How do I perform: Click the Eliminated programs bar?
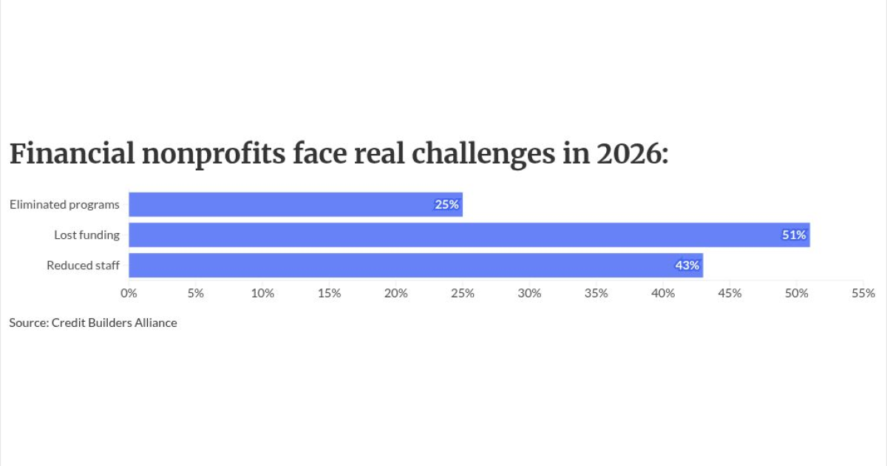coord(296,204)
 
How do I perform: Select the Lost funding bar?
coord(469,235)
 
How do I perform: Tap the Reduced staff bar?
coord(416,265)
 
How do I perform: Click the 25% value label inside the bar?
coord(446,204)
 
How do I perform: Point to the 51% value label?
coord(794,235)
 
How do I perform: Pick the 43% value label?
coord(687,265)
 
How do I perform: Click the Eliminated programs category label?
coord(64,204)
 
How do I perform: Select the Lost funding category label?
coord(86,235)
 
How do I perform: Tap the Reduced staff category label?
coord(83,265)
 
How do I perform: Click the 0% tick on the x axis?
coord(129,293)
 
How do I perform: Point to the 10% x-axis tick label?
coord(262,293)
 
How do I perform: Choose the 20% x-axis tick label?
coord(396,293)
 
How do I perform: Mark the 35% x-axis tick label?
coord(597,293)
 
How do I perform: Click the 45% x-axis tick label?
coord(730,293)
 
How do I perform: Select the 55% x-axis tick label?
coord(863,293)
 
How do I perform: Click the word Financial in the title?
coord(72,154)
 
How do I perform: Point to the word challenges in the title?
coord(483,155)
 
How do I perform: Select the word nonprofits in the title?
coord(214,155)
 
